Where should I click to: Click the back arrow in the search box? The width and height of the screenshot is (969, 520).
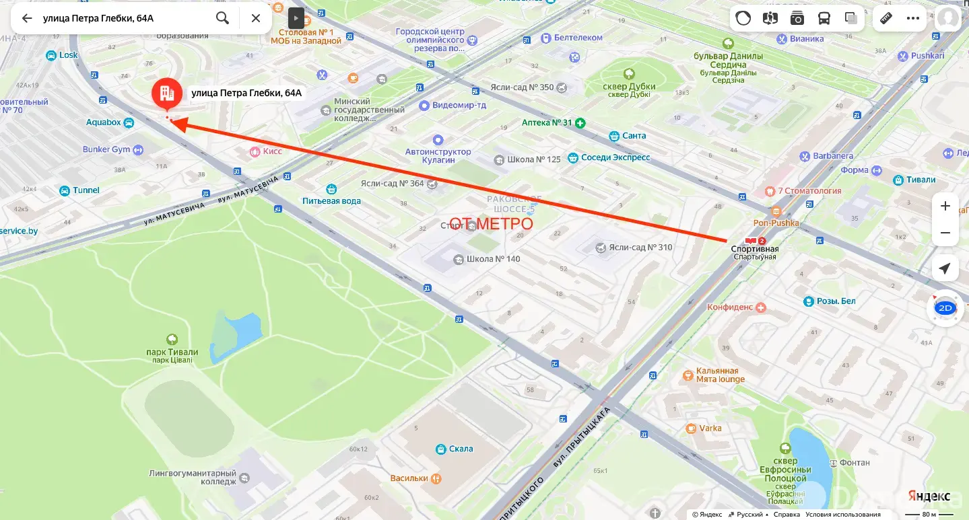27,18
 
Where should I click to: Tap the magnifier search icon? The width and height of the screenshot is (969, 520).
222,18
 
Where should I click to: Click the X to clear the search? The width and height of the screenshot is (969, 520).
256,18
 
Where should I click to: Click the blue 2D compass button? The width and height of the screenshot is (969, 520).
945,308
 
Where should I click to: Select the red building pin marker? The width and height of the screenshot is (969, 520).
166,94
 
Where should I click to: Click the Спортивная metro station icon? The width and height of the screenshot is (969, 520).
750,241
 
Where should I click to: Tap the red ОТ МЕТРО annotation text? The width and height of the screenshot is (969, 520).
491,223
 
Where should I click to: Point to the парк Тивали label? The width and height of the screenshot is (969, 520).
172,352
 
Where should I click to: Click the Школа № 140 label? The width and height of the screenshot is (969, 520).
494,259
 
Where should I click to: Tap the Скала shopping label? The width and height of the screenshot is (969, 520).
461,449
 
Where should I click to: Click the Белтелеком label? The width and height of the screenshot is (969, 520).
578,38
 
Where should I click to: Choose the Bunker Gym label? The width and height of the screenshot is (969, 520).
106,149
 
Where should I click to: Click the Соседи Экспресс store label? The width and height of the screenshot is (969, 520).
615,157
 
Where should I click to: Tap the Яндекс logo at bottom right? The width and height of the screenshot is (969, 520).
928,495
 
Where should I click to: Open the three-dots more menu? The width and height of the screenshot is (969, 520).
912,18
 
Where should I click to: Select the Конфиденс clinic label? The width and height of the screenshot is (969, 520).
730,307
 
